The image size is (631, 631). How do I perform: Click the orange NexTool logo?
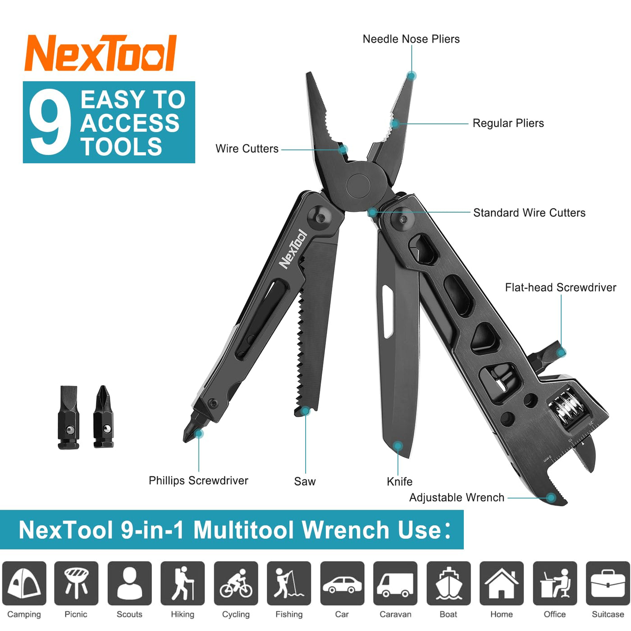point(101,53)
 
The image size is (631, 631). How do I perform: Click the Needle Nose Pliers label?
point(411,39)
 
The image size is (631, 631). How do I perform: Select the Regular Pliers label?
point(508,123)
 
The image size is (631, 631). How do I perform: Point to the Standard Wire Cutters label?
point(529,213)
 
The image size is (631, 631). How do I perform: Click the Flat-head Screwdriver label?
point(560,287)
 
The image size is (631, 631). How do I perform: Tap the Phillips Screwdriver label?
point(198,480)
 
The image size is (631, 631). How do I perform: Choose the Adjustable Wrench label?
point(457,498)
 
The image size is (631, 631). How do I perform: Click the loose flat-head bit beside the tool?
point(69,417)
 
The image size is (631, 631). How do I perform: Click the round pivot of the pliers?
point(359,186)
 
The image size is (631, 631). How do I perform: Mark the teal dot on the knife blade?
point(398,445)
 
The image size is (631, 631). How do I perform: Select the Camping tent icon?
point(24,583)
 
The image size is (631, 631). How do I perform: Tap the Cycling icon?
point(236,583)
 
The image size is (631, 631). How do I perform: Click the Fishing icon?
point(289,583)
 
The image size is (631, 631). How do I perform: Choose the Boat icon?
point(448,583)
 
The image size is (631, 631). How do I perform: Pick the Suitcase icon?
point(608,583)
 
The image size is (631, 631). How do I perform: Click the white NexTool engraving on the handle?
point(293,249)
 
